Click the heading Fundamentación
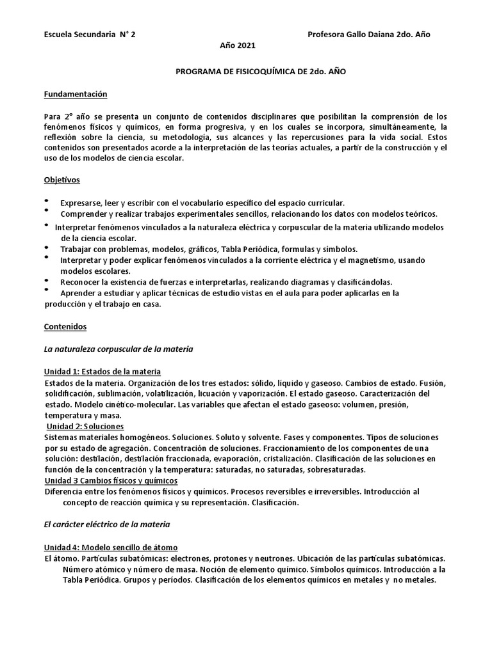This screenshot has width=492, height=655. click(76, 95)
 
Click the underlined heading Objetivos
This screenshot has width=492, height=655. click(62, 180)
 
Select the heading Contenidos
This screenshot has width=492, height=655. click(65, 326)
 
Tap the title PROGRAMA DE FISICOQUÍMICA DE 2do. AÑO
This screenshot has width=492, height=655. click(261, 72)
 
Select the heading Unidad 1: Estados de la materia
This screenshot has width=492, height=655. click(102, 372)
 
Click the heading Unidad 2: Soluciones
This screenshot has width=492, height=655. click(86, 427)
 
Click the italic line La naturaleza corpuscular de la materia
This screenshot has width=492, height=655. click(119, 349)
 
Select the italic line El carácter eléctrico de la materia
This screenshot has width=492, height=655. click(107, 525)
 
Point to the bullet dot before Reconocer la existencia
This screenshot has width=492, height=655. click(47, 280)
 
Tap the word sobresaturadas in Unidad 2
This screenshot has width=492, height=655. click(334, 470)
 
